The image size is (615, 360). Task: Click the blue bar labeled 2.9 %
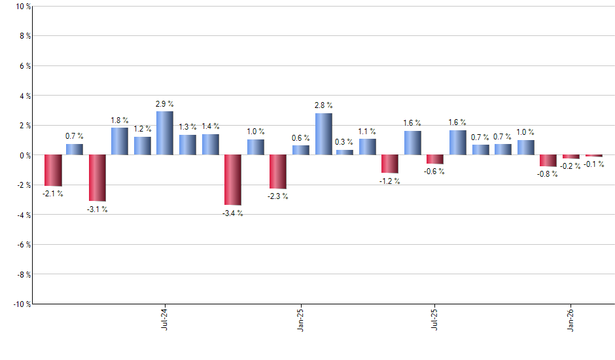point(165,133)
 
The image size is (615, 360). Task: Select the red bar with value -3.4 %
point(233,180)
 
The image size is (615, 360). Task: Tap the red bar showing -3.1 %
point(97,178)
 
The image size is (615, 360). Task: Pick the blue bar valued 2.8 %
point(323,134)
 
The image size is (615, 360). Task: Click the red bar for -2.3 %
point(278,171)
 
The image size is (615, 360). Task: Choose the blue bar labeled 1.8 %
point(120,141)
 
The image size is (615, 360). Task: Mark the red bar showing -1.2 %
point(390,164)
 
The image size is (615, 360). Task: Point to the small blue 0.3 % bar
point(345,153)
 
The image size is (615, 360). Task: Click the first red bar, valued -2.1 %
point(53,170)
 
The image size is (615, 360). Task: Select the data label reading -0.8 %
point(548,174)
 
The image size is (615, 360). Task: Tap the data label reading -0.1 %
point(594,164)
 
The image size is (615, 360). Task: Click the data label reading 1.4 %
point(210,126)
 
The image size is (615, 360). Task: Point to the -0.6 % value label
point(435,171)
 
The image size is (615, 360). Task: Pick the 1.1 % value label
point(367,131)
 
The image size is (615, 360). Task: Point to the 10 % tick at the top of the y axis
point(22,7)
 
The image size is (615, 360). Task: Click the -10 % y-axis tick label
point(21,304)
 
